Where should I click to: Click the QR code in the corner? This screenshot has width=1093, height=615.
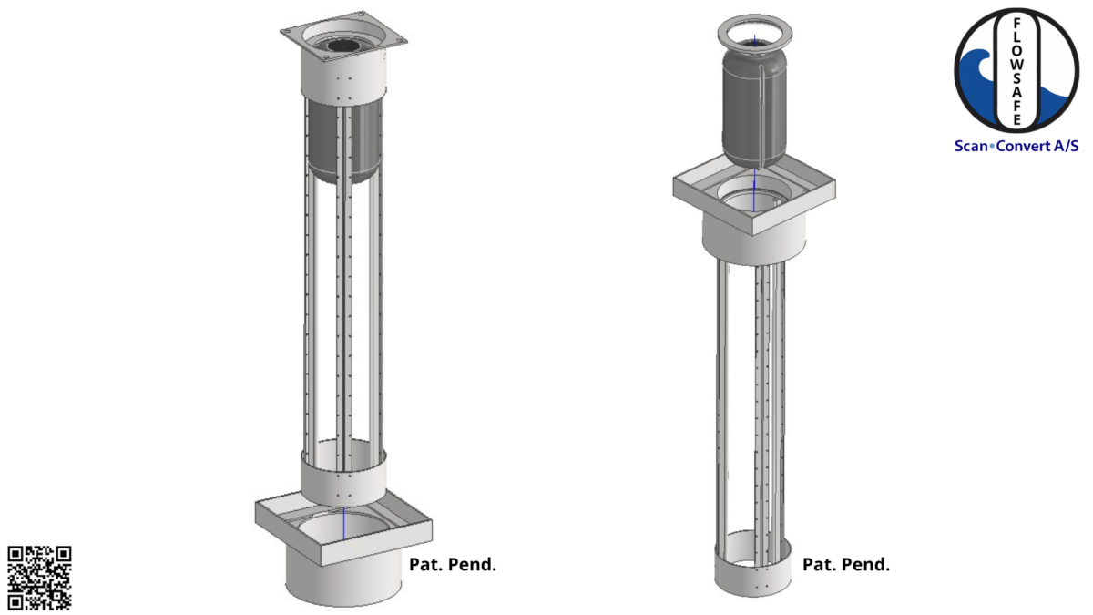(x=39, y=577)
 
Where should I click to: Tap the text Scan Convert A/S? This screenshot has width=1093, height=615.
(x=1016, y=145)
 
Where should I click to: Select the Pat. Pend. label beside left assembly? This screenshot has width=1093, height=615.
(x=453, y=564)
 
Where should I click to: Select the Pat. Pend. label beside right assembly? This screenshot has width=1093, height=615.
(x=845, y=564)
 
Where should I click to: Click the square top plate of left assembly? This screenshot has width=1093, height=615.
(x=342, y=36)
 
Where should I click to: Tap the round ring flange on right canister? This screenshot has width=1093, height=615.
(x=755, y=36)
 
